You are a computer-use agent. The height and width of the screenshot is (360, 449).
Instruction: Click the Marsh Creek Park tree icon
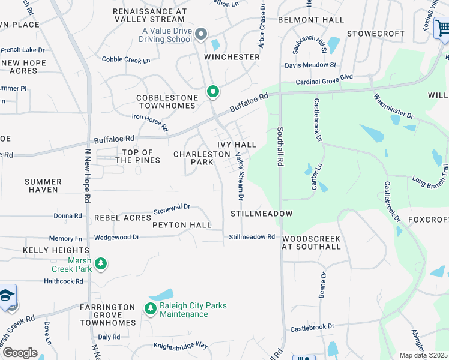click(x=101, y=263)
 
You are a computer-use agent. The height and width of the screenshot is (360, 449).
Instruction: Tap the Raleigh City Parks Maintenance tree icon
click(x=149, y=309)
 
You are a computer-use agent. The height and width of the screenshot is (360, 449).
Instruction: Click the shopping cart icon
click(x=442, y=28)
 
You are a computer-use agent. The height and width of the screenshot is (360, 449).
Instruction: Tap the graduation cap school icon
click(x=7, y=296)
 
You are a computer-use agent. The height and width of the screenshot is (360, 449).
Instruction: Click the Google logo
click(x=19, y=353)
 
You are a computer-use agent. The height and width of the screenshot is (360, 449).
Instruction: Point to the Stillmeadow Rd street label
click(x=252, y=237)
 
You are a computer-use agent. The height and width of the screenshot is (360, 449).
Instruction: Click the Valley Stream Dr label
click(x=240, y=176)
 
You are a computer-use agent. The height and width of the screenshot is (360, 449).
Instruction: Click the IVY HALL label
click(x=237, y=145)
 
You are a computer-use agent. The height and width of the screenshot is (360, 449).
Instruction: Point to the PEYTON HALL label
click(x=181, y=225)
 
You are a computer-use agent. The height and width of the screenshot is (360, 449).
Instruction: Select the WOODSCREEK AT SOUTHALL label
click(x=311, y=242)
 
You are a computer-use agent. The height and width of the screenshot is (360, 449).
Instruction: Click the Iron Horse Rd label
click(x=150, y=123)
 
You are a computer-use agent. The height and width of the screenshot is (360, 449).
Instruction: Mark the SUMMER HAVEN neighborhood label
click(x=43, y=185)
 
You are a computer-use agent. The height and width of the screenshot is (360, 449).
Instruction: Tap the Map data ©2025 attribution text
click(x=423, y=355)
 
